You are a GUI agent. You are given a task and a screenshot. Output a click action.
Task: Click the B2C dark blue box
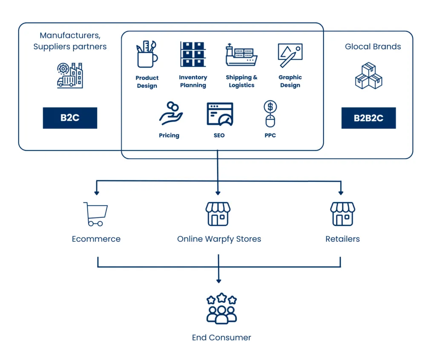tap(70, 118)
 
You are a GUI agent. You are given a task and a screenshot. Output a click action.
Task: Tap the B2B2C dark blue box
tap(368, 118)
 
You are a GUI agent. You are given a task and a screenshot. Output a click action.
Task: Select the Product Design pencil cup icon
tap(147, 54)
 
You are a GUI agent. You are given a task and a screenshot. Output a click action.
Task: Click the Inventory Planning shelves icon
tap(193, 54)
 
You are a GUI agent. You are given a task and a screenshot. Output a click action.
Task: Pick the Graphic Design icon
tap(290, 55)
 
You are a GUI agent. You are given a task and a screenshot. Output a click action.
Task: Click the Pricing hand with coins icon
tap(171, 113)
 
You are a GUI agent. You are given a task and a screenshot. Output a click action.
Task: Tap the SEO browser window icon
tap(220, 114)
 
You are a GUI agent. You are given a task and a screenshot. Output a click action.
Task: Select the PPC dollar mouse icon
tap(270, 114)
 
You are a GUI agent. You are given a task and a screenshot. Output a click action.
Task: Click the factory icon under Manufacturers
tap(70, 75)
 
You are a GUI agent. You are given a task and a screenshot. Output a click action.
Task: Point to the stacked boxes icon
tap(369, 76)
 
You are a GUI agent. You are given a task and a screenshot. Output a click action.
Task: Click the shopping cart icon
tap(96, 214)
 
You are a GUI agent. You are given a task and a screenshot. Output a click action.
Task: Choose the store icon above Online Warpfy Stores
tap(218, 214)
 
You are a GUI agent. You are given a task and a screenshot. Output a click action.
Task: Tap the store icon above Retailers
tap(343, 214)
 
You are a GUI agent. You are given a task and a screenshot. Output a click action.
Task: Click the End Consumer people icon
tap(221, 308)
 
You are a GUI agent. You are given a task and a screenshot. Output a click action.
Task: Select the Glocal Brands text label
tap(373, 46)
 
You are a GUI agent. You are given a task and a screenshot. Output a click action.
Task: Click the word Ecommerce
tap(96, 239)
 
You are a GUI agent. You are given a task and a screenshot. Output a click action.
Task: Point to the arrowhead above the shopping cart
tap(97, 193)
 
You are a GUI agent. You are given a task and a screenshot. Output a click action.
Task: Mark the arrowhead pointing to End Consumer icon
tap(218, 281)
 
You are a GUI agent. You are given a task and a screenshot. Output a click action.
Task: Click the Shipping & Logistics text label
tap(241, 81)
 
